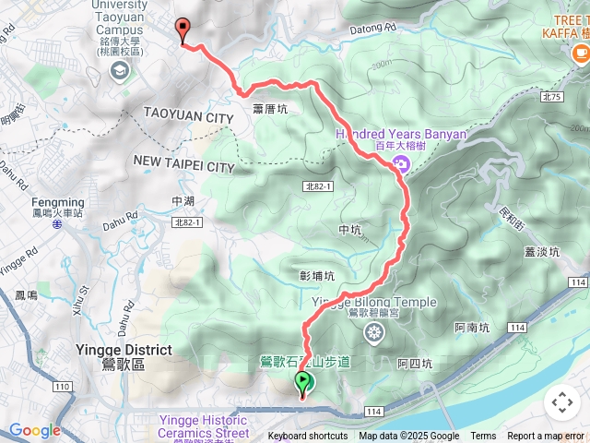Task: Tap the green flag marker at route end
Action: (x=302, y=382)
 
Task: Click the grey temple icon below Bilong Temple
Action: (x=373, y=331)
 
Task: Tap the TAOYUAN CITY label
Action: (x=188, y=118)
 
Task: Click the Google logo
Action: (x=34, y=430)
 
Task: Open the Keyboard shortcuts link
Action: (x=309, y=437)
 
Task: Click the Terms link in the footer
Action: (x=483, y=437)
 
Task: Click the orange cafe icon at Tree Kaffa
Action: (x=580, y=53)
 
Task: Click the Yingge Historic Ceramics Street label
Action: (x=203, y=425)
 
